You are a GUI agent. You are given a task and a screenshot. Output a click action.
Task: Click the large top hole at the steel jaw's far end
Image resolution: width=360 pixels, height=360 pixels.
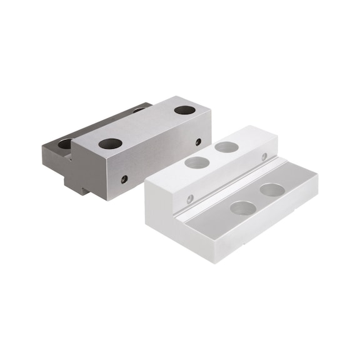pyautogui.click(x=184, y=110)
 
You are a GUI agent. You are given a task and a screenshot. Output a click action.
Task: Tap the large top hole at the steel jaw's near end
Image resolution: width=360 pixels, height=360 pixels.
pyautogui.click(x=110, y=143)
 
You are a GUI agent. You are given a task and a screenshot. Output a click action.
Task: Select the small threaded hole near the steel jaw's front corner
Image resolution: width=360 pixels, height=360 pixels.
pyautogui.click(x=124, y=179)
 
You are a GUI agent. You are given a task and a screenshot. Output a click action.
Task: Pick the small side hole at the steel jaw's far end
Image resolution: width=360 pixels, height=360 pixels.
pyautogui.click(x=198, y=142)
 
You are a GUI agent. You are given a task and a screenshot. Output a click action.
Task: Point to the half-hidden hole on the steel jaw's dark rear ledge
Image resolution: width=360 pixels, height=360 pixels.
pyautogui.click(x=65, y=144)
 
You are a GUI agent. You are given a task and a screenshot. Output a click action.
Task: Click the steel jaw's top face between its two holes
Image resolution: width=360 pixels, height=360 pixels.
pyautogui.click(x=147, y=126)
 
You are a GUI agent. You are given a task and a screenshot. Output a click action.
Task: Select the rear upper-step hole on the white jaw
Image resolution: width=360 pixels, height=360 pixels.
pyautogui.click(x=226, y=147)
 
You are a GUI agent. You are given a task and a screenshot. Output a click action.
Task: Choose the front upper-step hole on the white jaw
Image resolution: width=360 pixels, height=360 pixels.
pyautogui.click(x=197, y=162)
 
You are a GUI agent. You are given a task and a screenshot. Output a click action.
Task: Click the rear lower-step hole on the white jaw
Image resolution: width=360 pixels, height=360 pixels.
pyautogui.click(x=272, y=189)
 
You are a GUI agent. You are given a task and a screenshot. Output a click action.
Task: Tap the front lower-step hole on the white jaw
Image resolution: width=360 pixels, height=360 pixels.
pyautogui.click(x=242, y=207)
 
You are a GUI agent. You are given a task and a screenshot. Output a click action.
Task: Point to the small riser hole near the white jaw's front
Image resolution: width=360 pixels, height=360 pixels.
pyautogui.click(x=191, y=199)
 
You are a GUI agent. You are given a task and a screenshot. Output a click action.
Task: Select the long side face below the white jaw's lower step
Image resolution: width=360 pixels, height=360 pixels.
pyautogui.click(x=269, y=219)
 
